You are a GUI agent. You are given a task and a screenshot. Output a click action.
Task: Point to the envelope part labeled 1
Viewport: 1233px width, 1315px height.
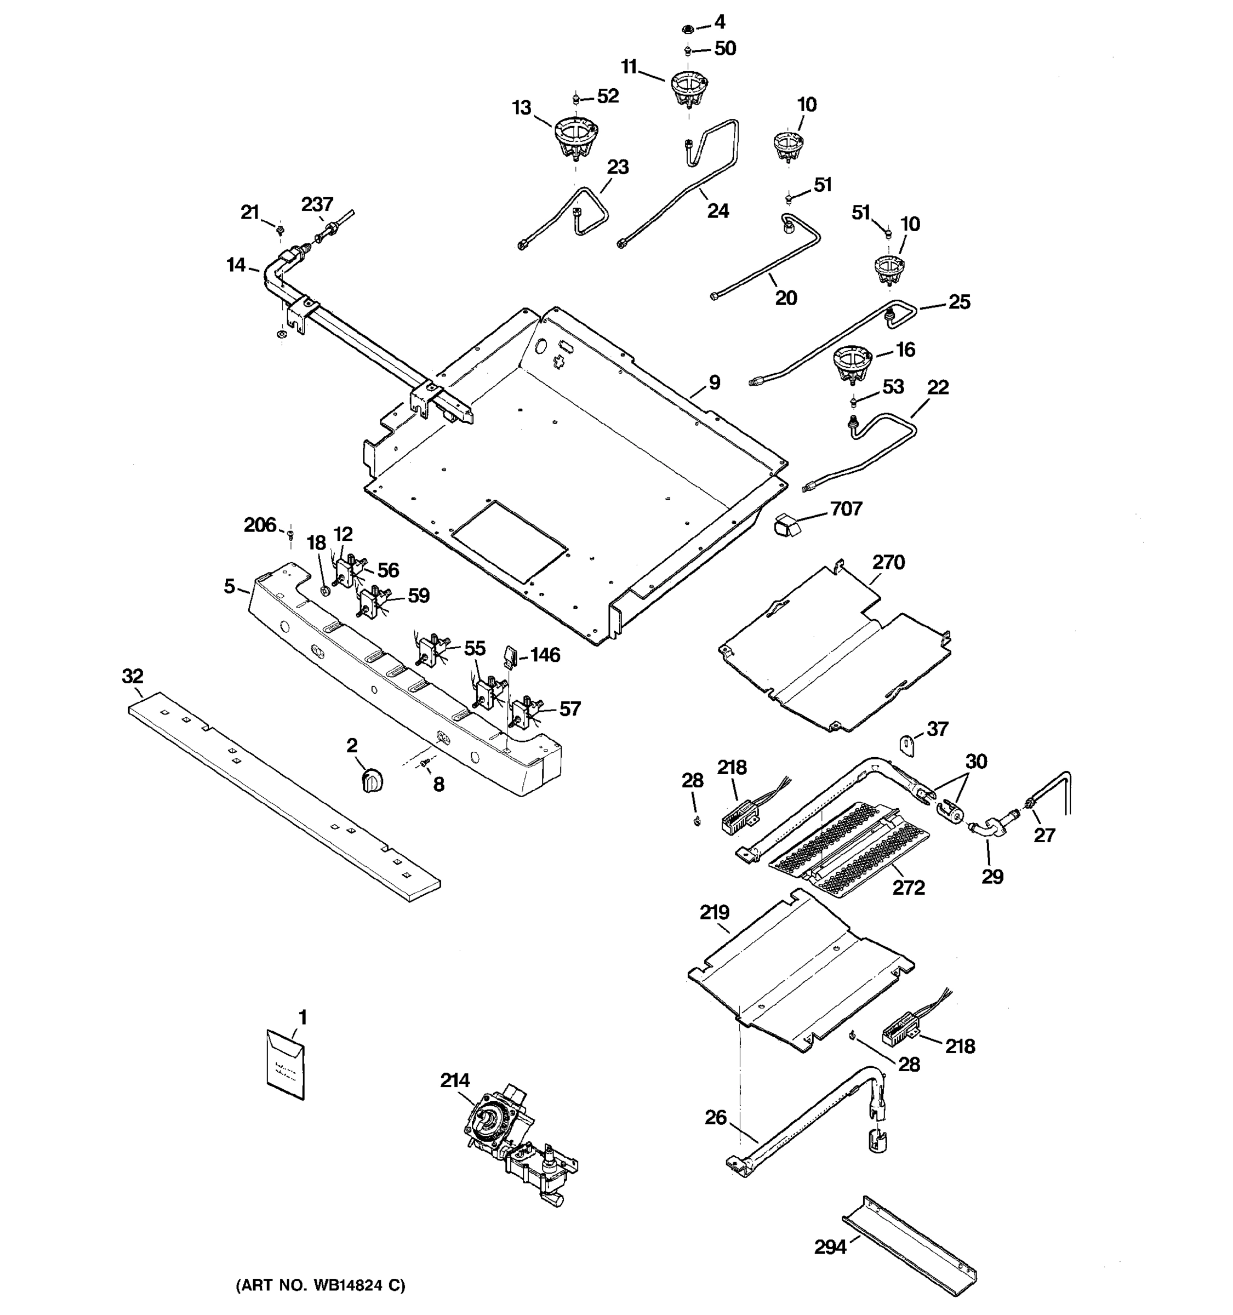tap(286, 1065)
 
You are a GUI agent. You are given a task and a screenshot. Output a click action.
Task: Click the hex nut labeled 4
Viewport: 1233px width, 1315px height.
tap(688, 28)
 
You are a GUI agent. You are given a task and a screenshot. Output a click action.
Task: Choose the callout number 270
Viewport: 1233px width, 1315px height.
tap(888, 563)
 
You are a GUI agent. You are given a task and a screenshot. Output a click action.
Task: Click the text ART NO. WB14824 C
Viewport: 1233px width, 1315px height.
tap(321, 1285)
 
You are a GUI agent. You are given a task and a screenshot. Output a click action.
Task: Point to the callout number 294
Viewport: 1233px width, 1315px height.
tap(830, 1248)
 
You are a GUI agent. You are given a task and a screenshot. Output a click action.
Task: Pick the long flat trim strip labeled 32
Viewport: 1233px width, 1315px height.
tap(284, 797)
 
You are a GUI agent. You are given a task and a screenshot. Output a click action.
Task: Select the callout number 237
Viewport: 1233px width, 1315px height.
tap(317, 204)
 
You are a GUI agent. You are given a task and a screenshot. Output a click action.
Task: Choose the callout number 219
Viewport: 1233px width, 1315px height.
tap(715, 913)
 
